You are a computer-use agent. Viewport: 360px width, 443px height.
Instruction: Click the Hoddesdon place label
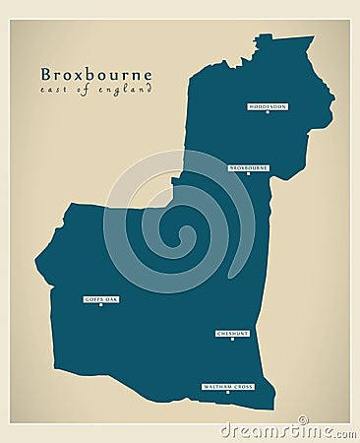click(x=267, y=105)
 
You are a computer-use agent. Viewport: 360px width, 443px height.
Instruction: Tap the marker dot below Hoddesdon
click(x=267, y=112)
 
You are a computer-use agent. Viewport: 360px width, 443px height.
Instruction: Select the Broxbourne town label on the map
click(x=248, y=168)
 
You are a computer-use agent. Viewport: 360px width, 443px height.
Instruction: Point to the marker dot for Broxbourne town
click(x=248, y=175)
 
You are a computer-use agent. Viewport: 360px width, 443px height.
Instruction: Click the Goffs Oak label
click(x=101, y=298)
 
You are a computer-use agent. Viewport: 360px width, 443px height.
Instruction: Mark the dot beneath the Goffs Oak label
click(x=100, y=305)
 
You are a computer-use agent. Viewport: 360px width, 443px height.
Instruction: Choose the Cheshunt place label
click(x=232, y=334)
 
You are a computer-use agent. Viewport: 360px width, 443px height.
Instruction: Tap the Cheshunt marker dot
click(x=232, y=341)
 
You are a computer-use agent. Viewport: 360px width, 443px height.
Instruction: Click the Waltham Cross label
click(x=228, y=387)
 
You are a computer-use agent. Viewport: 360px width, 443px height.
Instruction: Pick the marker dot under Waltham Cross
click(x=228, y=394)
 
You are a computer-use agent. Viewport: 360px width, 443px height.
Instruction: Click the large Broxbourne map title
click(x=95, y=75)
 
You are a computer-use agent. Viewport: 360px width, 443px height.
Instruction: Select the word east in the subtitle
click(x=52, y=91)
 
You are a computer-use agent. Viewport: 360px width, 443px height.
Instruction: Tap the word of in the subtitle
click(x=82, y=91)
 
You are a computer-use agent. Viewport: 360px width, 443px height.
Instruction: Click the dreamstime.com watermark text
click(x=286, y=430)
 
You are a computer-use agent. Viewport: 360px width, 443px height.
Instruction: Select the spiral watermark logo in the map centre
click(x=179, y=222)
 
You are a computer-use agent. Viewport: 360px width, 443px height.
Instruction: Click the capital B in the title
click(x=46, y=75)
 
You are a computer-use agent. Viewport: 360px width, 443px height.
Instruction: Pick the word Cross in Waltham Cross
click(x=243, y=387)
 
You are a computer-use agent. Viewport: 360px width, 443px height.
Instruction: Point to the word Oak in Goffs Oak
click(x=111, y=298)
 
